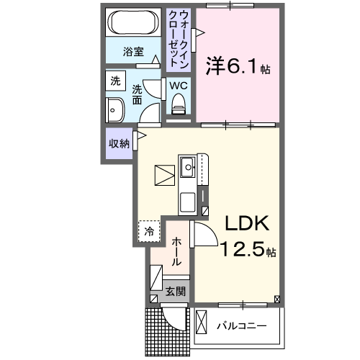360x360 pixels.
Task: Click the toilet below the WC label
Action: pos(179,107)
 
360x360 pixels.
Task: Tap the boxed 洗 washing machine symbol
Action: pos(115,81)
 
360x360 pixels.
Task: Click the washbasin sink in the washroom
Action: pos(114,111)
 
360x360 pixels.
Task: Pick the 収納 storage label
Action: pos(119,143)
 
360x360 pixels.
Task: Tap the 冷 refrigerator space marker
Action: pos(148,231)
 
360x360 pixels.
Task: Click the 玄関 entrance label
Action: pos(176,292)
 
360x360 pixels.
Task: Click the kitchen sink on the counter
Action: pos(188,170)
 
